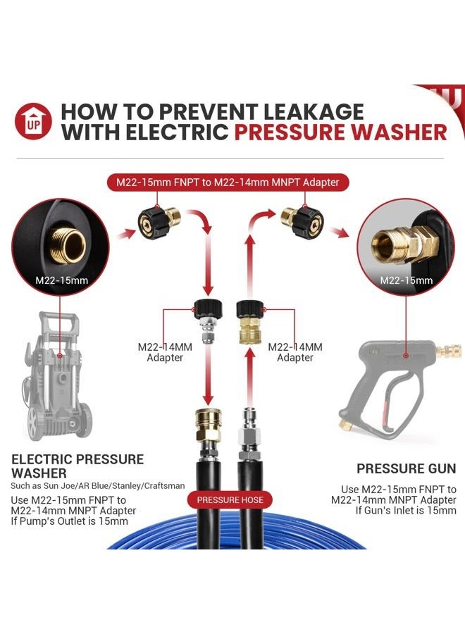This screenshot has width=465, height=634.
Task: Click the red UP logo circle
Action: pos(33,121)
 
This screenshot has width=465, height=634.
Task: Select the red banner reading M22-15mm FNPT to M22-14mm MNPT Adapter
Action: pos(228,182)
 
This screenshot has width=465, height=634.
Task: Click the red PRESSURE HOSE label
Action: pos(230,500)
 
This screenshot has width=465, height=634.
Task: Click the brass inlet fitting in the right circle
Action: pos(404,242)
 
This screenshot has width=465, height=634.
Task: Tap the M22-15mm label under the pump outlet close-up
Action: pos(61,280)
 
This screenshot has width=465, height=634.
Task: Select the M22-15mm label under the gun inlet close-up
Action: pos(406,280)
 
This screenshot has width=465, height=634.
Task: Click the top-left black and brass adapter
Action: pos(159,220)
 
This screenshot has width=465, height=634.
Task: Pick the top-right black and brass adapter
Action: pos(302,222)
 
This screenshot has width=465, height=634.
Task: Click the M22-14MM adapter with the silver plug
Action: pos(208,321)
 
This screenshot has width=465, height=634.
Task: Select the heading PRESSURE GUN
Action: pos(406,468)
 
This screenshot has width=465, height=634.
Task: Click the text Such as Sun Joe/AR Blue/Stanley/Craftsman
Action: pos(97,485)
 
